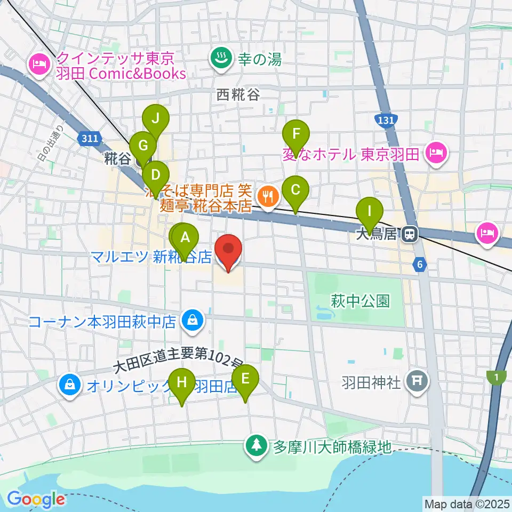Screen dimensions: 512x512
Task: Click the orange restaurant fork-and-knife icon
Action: point(265,197)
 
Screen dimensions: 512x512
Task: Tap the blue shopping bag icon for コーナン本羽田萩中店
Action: point(190,321)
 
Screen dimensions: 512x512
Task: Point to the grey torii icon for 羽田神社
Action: point(417,380)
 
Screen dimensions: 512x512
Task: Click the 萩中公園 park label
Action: point(360,301)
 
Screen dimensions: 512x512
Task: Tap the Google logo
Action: point(36,499)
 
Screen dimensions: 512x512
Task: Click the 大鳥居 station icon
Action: point(410,234)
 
